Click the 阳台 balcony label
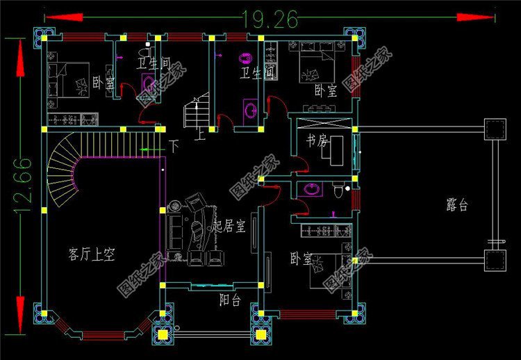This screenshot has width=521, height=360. point(230,300)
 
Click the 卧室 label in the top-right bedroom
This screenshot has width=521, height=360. point(325,90)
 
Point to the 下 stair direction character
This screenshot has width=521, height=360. point(174,147)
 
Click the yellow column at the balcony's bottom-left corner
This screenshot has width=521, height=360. point(162,334)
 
